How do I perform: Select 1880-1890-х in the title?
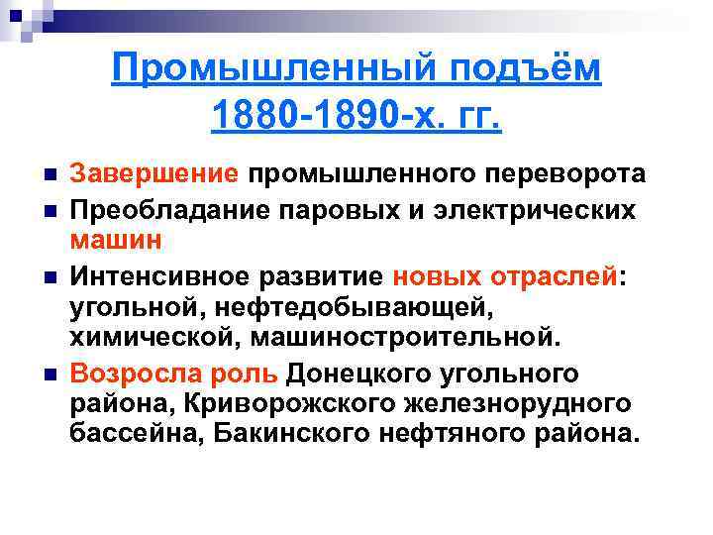316,117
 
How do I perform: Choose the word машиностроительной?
405,339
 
